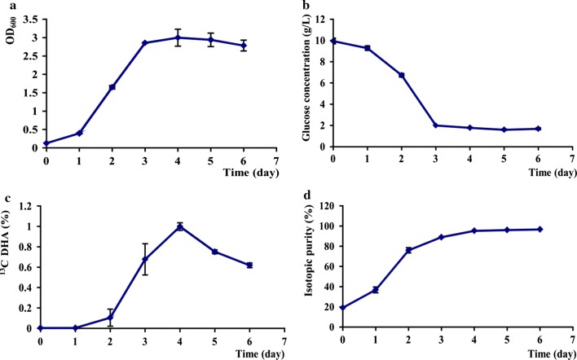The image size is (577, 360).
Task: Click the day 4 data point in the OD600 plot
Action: (x=179, y=37)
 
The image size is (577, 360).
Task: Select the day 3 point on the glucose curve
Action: (x=436, y=125)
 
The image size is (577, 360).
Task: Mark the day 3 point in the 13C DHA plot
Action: (x=146, y=259)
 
